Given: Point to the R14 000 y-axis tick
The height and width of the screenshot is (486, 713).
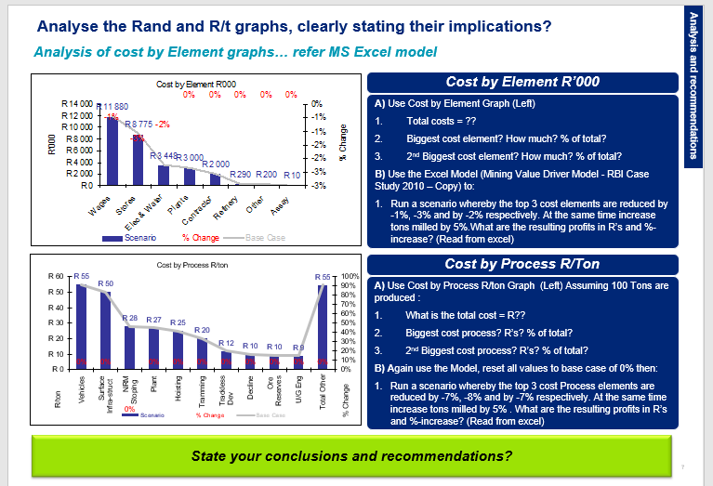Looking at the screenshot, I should pos(76,101).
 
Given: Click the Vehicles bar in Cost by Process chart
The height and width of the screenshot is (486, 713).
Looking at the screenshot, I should pos(82,326).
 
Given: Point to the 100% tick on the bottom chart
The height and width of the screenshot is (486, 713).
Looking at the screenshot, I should pos(350,277).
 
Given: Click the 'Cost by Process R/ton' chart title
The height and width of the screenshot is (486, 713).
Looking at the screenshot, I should pos(193,265).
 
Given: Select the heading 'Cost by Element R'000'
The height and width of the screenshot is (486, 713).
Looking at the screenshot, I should pos(522,83).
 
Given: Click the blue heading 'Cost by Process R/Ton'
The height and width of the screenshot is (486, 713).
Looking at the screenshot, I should pos(522,265).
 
